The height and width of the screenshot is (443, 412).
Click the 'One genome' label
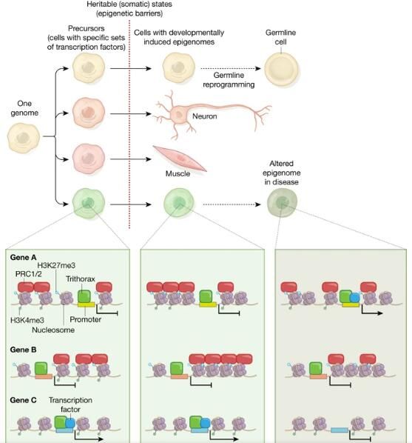[24, 108]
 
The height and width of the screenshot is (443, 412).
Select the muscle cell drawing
[180, 159]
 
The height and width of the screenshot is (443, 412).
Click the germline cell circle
[281, 69]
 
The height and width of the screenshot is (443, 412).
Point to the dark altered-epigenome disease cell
[282, 202]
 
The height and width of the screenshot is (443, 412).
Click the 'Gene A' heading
[23, 257]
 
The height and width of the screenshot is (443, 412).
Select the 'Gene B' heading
[23, 350]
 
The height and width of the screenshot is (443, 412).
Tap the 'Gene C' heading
[23, 400]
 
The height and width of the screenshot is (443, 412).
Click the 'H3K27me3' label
[56, 265]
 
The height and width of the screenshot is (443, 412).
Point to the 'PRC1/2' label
[29, 274]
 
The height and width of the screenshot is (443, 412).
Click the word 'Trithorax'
[81, 279]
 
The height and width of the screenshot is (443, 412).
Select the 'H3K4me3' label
[27, 320]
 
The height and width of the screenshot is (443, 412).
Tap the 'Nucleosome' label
[53, 330]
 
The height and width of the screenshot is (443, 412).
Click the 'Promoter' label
[86, 319]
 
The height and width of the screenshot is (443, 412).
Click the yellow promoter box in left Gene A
[86, 304]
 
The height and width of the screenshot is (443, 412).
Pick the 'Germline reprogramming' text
[229, 80]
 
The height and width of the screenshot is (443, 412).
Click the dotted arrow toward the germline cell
[231, 68]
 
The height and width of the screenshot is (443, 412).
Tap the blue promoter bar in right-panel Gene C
[340, 430]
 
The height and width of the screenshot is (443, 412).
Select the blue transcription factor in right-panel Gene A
[355, 298]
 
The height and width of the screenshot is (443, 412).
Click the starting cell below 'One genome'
[24, 138]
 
